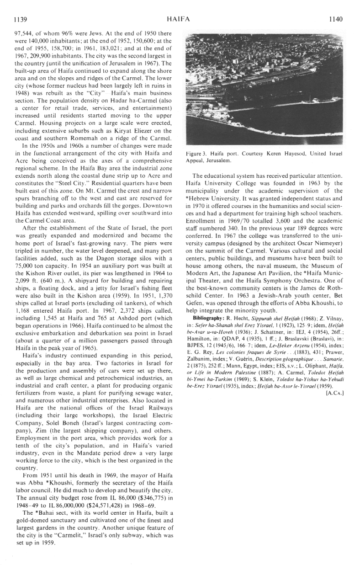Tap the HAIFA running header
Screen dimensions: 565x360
(x=179, y=19)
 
